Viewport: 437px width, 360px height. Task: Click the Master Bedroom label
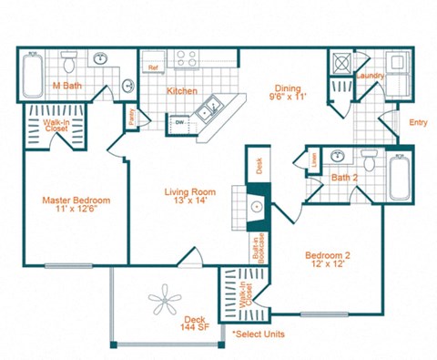click(x=76, y=205)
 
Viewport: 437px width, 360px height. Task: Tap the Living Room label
click(x=189, y=197)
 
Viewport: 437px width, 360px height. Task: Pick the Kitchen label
click(x=183, y=90)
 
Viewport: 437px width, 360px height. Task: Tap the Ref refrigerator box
click(x=153, y=67)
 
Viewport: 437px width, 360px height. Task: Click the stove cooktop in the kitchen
click(x=187, y=59)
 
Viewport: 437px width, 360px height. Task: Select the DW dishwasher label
click(x=180, y=121)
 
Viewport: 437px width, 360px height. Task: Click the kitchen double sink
click(x=212, y=107)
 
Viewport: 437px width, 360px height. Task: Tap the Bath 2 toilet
click(x=369, y=161)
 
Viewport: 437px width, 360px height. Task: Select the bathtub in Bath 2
click(x=400, y=177)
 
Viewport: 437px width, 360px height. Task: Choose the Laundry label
click(x=371, y=75)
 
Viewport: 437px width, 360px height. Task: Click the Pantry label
click(x=132, y=115)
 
